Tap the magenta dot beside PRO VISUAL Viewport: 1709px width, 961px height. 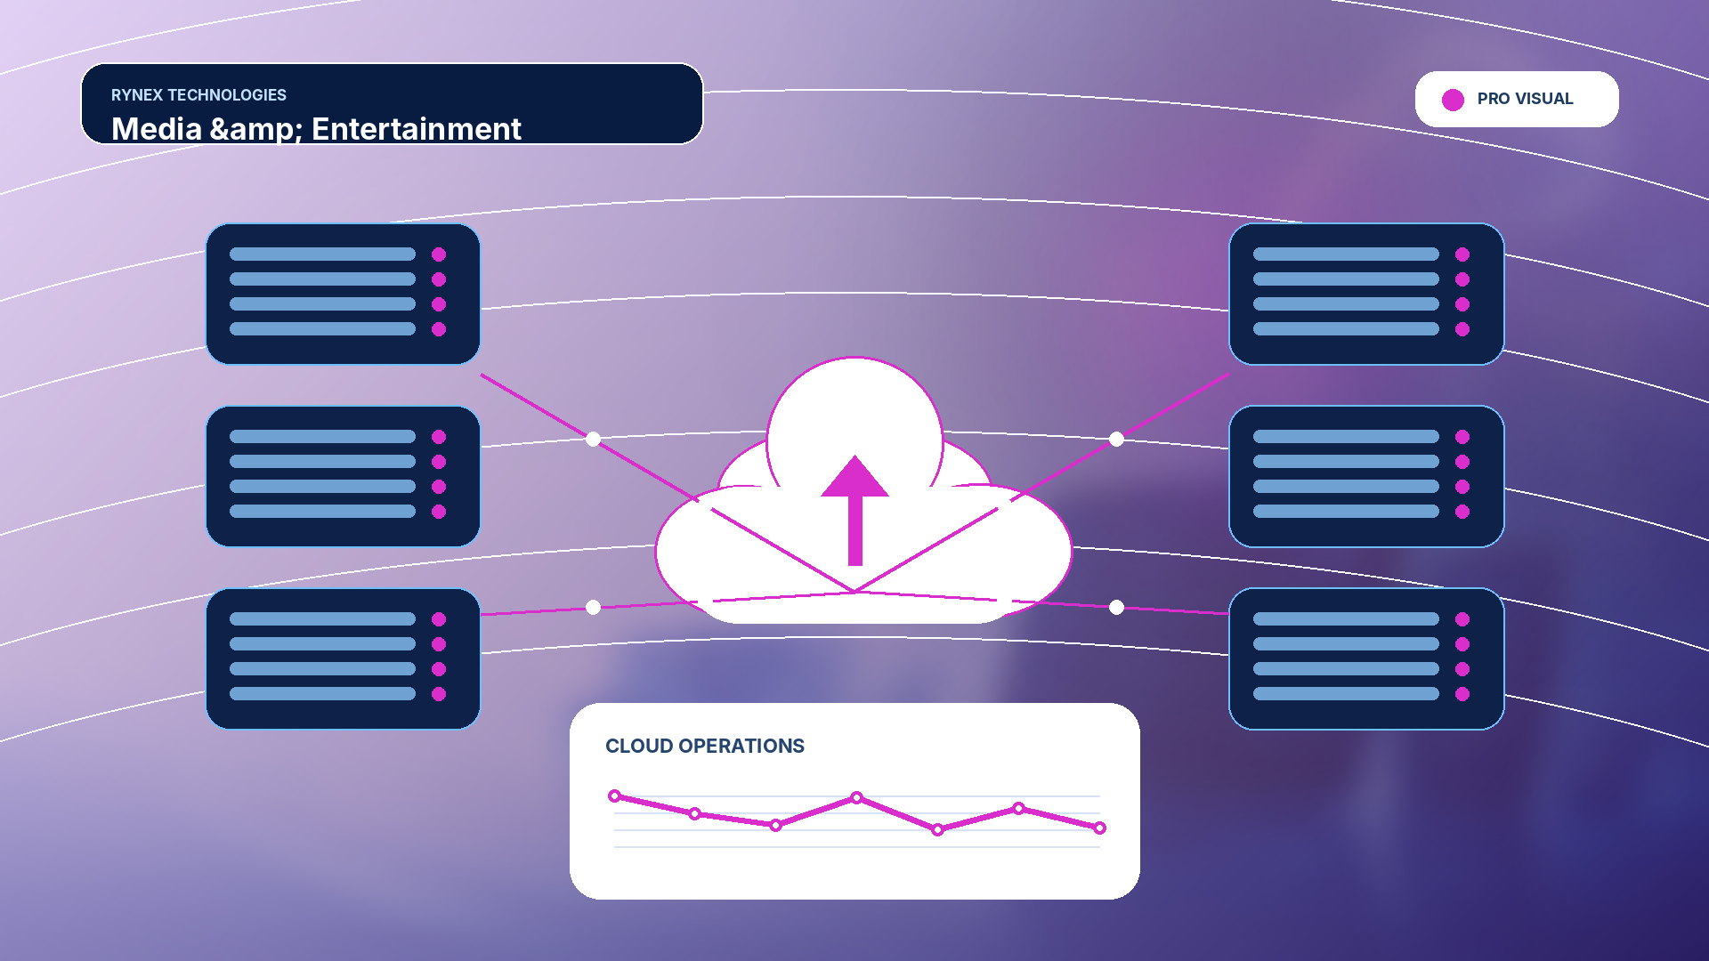(1453, 100)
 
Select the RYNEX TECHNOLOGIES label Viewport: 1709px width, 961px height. (198, 95)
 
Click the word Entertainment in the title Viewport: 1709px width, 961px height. (416, 129)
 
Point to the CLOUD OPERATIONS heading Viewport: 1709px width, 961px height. (705, 746)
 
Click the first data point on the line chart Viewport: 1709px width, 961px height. (614, 795)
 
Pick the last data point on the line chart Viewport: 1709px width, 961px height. (1100, 828)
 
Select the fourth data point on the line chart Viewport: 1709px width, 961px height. (856, 797)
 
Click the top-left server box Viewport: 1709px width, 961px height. (343, 294)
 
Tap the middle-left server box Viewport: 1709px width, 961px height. (343, 476)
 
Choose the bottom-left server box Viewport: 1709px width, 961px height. (343, 658)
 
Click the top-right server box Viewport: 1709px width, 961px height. (1366, 294)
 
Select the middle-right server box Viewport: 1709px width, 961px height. (1366, 476)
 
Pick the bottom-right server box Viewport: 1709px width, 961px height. (1366, 658)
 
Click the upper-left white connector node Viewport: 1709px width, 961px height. (594, 439)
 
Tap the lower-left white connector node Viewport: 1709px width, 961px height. (594, 607)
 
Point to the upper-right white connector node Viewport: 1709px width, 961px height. (1116, 439)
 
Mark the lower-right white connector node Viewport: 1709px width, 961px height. (1116, 607)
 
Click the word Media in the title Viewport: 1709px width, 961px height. (157, 129)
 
